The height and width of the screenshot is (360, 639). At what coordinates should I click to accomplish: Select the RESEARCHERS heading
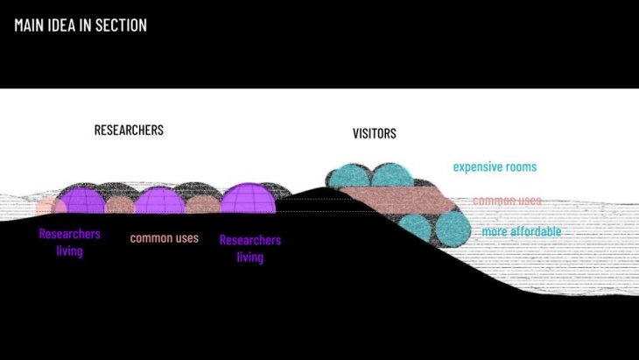[x=129, y=131]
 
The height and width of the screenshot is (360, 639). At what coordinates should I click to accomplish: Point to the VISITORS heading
[x=374, y=134]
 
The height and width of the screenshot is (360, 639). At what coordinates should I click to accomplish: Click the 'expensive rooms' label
[x=495, y=166]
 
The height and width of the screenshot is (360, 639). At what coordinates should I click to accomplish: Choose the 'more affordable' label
[x=522, y=232]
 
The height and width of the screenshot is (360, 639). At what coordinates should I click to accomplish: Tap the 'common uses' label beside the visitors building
[x=507, y=201]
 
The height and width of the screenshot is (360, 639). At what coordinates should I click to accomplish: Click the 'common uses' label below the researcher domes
[x=165, y=237]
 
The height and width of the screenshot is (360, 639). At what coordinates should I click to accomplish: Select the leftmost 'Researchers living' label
[x=69, y=243]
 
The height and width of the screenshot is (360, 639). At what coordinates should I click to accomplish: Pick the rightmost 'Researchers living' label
[x=249, y=248]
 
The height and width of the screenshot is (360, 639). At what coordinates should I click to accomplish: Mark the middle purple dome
[x=159, y=201]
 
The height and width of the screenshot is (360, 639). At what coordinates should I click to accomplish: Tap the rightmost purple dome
[x=247, y=199]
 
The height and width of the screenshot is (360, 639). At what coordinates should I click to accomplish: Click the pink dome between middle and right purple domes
[x=202, y=205]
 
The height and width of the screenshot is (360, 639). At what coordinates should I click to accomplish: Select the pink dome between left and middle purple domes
[x=118, y=205]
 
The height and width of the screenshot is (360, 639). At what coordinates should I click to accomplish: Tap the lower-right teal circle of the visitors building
[x=453, y=230]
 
